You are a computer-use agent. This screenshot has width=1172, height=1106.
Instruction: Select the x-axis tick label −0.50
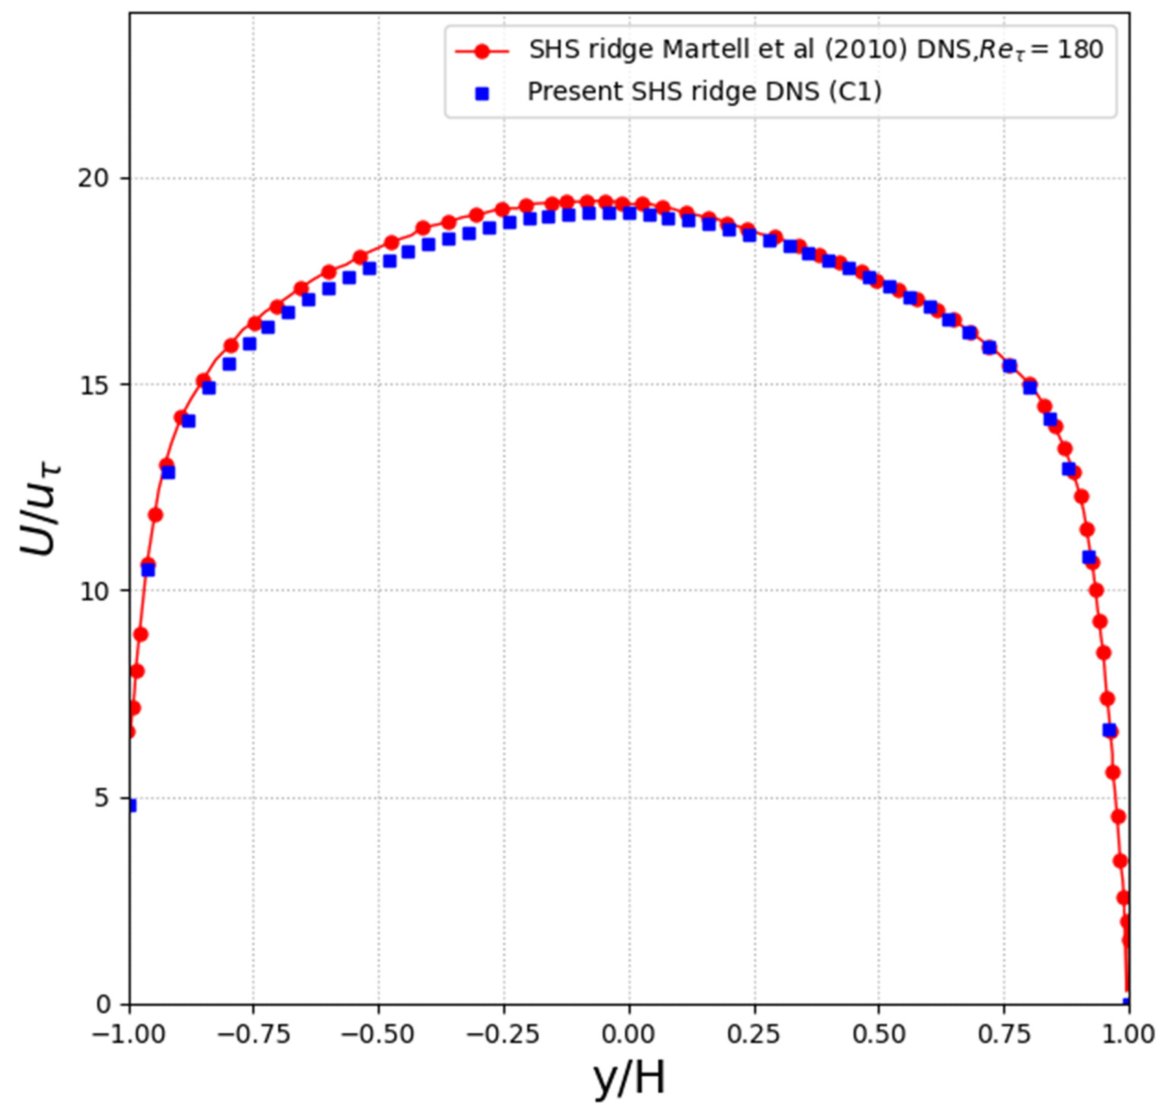pos(379,1035)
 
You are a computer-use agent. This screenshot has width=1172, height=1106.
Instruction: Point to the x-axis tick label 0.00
pos(629,1035)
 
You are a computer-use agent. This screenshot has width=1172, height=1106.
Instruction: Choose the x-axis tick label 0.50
pos(879,1035)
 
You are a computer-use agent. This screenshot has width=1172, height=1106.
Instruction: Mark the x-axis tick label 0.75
pos(1004,1035)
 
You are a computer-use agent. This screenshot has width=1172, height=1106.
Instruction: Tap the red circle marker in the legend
pos(482,52)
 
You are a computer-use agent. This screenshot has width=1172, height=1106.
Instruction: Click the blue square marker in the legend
pos(482,94)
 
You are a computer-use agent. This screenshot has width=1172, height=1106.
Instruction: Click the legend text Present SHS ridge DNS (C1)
pos(704,92)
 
